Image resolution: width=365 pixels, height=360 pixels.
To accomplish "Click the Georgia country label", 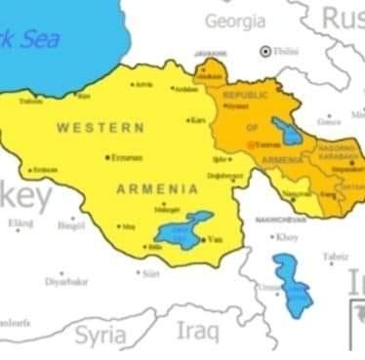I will coord(234,20).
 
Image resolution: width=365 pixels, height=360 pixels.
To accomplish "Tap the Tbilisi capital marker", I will coord(264,51).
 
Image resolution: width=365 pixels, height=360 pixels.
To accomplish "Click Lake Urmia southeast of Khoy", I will coord(292,284).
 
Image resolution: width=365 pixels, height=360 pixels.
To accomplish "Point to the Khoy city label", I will coord(289,237).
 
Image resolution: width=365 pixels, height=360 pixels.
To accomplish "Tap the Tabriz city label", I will coord(336,257).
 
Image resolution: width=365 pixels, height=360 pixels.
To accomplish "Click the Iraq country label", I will coord(198,331).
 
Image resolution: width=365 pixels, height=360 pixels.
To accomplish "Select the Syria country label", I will coord(101,336).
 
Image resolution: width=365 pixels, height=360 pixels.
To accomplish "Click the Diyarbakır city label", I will coord(66,281).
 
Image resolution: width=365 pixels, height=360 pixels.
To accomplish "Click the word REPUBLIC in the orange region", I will coord(246,96).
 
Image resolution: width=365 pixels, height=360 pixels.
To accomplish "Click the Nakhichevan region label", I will coord(275,220).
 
